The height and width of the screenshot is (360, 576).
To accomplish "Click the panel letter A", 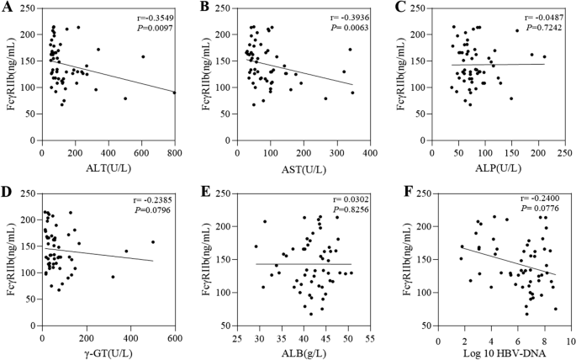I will (7, 8).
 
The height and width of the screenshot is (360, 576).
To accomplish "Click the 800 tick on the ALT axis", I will (174, 153).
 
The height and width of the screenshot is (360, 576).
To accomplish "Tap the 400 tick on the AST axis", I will (368, 153).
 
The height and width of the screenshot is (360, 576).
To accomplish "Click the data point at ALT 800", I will (174, 93).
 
